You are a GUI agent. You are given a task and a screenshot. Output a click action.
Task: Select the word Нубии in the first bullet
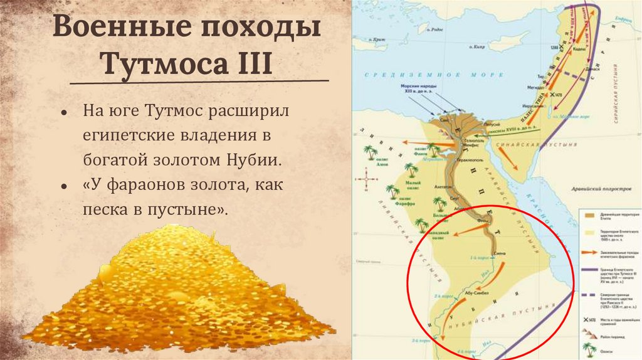point(253,159)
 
